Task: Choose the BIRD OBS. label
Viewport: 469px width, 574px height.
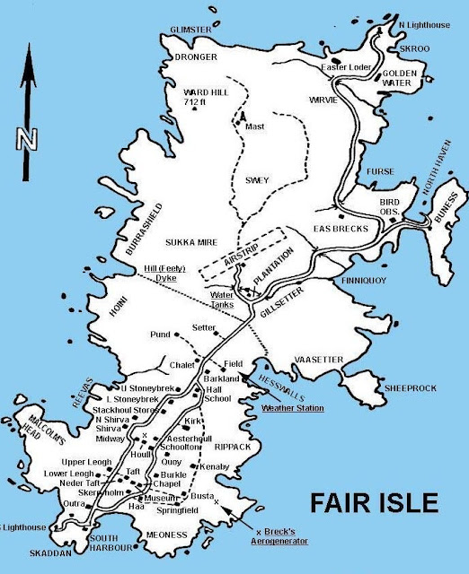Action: tap(388, 208)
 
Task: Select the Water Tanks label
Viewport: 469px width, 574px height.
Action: tap(221, 300)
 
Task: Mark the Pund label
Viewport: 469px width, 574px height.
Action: tap(161, 334)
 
